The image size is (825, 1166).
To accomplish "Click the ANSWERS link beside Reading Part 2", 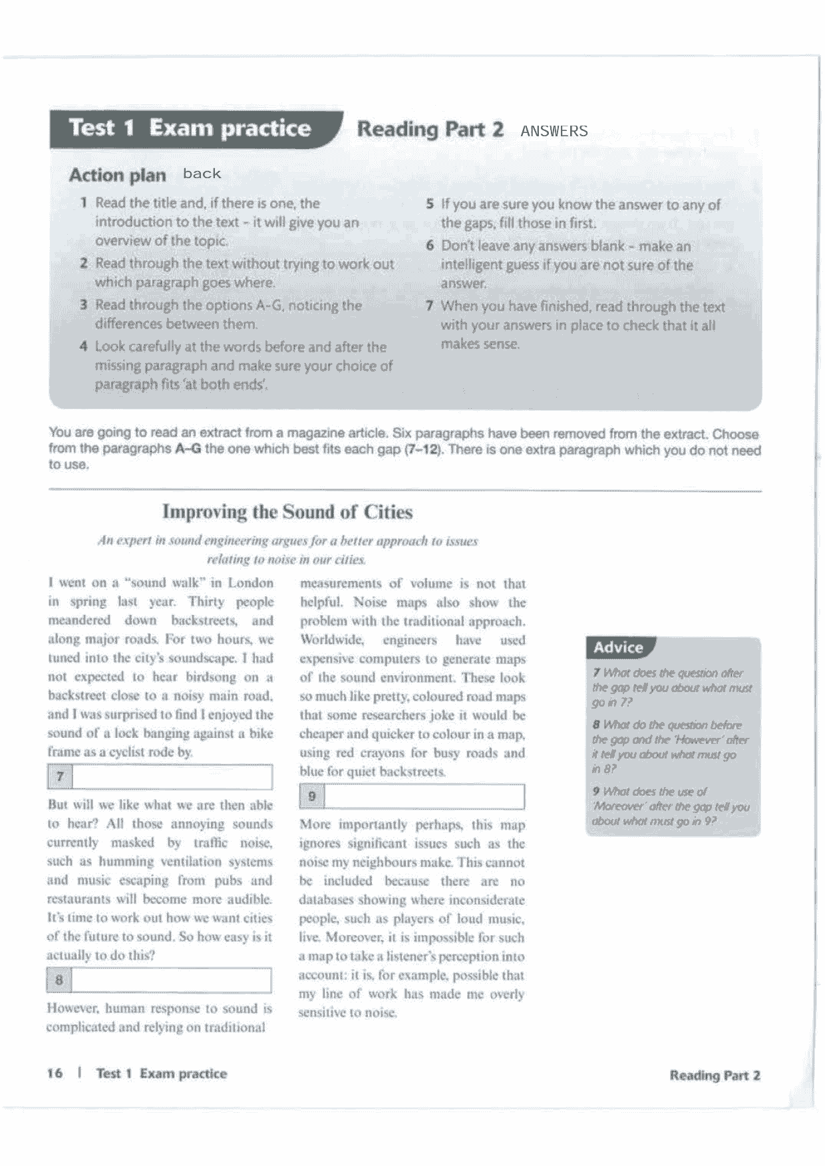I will pos(554,131).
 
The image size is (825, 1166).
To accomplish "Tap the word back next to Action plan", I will pos(202,174).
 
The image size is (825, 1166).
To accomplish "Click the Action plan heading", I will pos(117,175).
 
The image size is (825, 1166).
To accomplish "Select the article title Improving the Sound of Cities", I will pos(287,512).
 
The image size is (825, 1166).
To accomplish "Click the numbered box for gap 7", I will pos(60,776).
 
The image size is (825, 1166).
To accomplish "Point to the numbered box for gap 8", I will pos(59,980).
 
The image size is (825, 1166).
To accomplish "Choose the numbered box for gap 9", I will pos(312,796).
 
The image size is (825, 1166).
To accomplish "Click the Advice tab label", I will pos(618,647).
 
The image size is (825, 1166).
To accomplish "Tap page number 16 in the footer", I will pos(55,1073).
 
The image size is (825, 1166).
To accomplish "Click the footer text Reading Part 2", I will pos(715,1075).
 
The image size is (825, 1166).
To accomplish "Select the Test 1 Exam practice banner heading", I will pos(190,128).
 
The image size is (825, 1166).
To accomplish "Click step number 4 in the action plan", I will pos(84,347).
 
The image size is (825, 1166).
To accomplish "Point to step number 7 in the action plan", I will pos(430,306).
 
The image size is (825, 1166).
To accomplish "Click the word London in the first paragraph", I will pos(250,583).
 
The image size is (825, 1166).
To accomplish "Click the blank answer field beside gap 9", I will pos(424,796).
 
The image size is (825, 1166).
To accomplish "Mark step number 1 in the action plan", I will pos(84,203).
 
